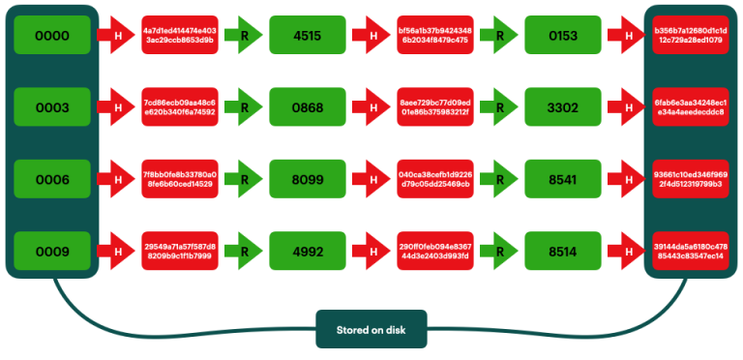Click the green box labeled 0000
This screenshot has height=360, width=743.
click(52, 35)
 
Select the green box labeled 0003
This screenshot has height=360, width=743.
click(52, 106)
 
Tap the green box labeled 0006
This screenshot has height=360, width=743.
click(52, 179)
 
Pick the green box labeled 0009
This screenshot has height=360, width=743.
click(52, 252)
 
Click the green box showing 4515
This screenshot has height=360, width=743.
click(307, 35)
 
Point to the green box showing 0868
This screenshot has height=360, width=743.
click(307, 106)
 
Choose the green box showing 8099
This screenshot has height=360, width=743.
click(307, 179)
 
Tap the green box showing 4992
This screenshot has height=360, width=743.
click(307, 252)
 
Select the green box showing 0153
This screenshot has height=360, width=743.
click(562, 35)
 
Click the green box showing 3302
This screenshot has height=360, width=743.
click(562, 106)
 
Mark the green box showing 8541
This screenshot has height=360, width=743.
click(562, 179)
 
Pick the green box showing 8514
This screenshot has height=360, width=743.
click(562, 252)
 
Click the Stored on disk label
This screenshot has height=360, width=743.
click(371, 330)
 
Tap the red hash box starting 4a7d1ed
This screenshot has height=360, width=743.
click(179, 35)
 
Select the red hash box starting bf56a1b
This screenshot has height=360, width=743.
click(434, 35)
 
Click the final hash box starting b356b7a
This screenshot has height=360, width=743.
click(689, 35)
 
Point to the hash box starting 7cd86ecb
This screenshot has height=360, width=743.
click(179, 106)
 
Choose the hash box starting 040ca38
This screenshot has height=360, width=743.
click(434, 179)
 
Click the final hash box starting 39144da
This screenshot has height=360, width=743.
click(689, 252)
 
